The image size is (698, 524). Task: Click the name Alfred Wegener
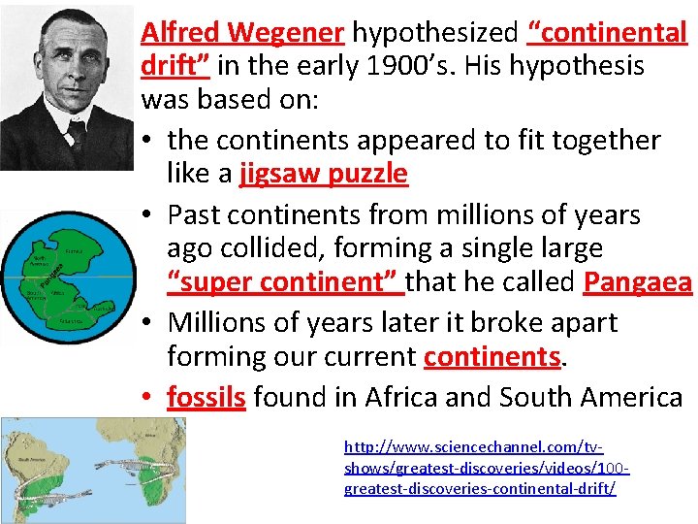tap(242, 33)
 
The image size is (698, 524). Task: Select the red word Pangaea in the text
tap(637, 283)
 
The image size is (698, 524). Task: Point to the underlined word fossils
tap(206, 397)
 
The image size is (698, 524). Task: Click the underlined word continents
tap(492, 356)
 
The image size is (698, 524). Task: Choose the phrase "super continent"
tap(285, 283)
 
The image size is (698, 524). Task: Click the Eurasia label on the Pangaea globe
tap(75, 250)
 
